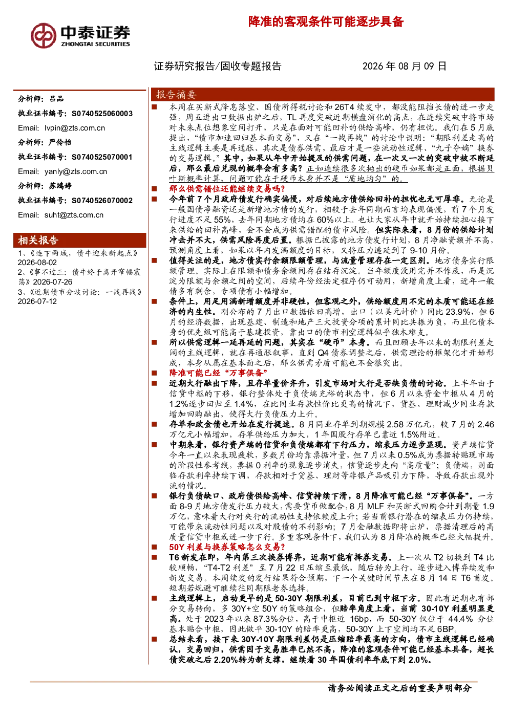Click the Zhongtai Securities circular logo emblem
coord(44,36)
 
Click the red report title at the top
coord(326,22)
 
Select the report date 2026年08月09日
coord(404,66)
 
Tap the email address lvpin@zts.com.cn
coord(75,128)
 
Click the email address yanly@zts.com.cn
coord(76,171)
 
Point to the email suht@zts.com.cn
coord(74,215)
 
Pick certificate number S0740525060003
coord(102,114)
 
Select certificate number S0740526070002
coord(102,201)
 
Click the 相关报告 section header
coord(38,240)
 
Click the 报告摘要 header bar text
coord(176,95)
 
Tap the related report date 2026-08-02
coord(37,263)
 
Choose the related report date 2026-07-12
coord(37,301)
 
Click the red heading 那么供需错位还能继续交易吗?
coord(227,188)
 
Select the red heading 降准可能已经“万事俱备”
coord(218,373)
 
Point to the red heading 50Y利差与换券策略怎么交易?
coord(227,547)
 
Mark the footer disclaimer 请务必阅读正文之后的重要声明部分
coord(399,688)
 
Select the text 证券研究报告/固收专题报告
coord(218,66)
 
